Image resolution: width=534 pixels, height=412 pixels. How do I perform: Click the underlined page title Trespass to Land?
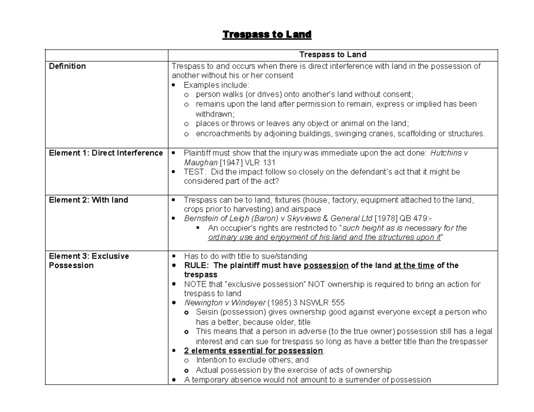tap(267, 34)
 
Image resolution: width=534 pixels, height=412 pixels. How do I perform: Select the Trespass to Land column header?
tap(332, 55)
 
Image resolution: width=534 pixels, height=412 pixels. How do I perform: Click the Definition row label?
tap(67, 66)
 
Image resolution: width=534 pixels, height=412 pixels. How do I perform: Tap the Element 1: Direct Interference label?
tap(106, 153)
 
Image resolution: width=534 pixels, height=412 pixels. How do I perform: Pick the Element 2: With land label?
tap(88, 200)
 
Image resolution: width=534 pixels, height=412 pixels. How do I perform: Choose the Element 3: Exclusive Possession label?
tap(89, 260)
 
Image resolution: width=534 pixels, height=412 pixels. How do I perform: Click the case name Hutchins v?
tap(449, 153)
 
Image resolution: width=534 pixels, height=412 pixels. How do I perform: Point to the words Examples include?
tap(217, 85)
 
